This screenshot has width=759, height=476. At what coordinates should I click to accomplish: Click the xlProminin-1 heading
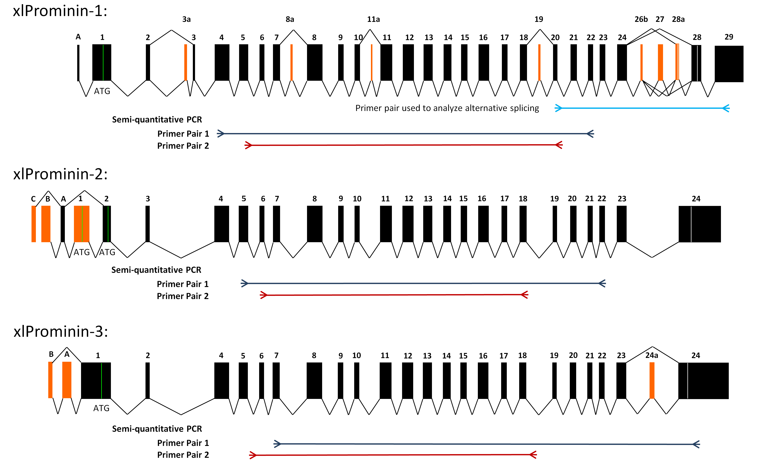pos(60,11)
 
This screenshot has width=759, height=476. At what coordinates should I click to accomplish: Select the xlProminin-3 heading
pos(61,331)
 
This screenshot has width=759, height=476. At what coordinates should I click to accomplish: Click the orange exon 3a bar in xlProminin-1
pos(186,62)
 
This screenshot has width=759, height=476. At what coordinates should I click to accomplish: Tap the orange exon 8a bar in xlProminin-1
pos(292,62)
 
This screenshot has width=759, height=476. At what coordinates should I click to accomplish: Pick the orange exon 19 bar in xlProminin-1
pos(539,62)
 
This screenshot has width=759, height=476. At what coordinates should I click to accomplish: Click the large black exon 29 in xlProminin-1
pos(729,64)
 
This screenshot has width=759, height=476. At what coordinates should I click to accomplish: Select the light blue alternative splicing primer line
pos(642,108)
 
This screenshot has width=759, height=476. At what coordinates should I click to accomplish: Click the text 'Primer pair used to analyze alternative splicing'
pos(447,108)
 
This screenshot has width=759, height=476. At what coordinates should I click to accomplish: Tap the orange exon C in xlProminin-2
pos(34,224)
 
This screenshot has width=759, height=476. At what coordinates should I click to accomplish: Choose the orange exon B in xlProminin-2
pos(46,224)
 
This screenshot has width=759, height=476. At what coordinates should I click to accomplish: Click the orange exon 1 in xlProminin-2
pos(81,224)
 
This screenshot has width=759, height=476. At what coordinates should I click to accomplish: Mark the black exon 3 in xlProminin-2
pos(148,224)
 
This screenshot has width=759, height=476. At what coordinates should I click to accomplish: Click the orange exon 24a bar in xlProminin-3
pos(652,380)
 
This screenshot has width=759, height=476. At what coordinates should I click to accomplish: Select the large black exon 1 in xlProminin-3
pos(96,380)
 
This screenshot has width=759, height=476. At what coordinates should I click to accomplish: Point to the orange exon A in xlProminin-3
pos(67,380)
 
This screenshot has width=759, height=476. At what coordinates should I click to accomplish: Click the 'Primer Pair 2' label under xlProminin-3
pos(183,455)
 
